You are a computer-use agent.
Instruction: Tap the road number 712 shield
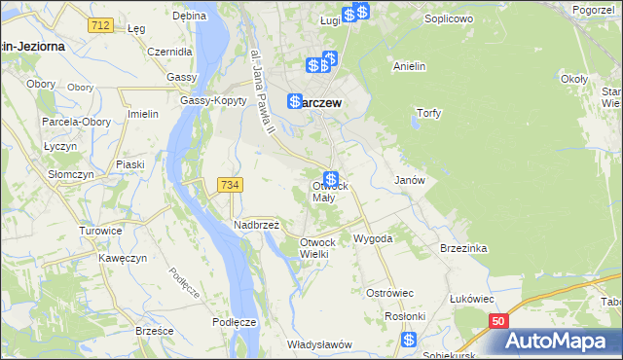[x=98, y=23]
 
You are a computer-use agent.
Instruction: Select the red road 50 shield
[x=498, y=320]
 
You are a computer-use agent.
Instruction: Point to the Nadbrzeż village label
[x=257, y=224]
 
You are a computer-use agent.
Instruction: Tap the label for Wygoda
[x=373, y=238]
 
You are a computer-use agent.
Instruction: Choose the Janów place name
[x=409, y=180]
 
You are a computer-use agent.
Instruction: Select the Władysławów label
[x=318, y=344]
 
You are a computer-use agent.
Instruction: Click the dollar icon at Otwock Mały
[x=332, y=179]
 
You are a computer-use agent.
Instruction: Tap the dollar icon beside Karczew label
[x=294, y=100]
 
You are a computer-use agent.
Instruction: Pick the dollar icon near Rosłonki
[x=409, y=340]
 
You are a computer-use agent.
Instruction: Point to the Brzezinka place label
[x=463, y=248]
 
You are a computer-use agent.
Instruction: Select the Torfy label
[x=429, y=113]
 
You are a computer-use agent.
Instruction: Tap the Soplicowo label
[x=449, y=18]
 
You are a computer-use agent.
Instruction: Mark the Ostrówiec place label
[x=390, y=292]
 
